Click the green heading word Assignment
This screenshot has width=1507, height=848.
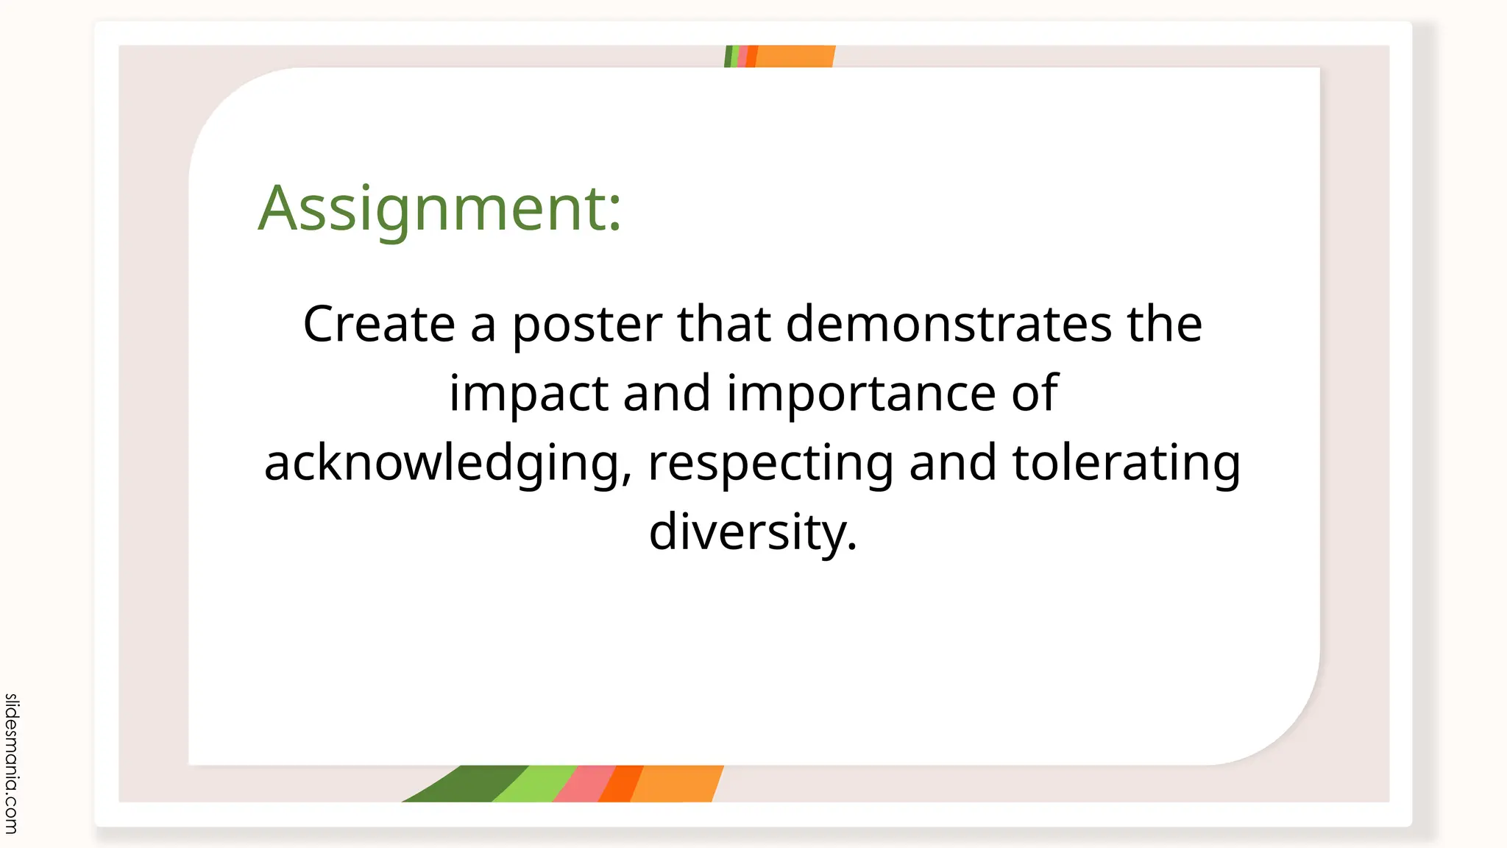coord(439,208)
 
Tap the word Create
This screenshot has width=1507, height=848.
coord(379,324)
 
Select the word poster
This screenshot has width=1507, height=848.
coord(586,325)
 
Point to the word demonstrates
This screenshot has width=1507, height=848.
coord(948,324)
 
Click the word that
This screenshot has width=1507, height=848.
coord(723,324)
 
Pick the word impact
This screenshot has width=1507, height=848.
coord(528,395)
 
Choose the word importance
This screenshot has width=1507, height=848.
coord(861,395)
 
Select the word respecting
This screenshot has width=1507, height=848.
coord(770,464)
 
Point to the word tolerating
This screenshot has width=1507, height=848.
coord(1126,464)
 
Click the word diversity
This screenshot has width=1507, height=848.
coord(753,532)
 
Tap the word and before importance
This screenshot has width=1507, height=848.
coord(667,393)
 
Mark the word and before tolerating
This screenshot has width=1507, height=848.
coord(953,462)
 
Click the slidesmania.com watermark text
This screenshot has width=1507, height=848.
coord(12,763)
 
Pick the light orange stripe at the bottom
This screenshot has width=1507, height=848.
coord(676,784)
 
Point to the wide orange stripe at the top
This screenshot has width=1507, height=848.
coord(795,56)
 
